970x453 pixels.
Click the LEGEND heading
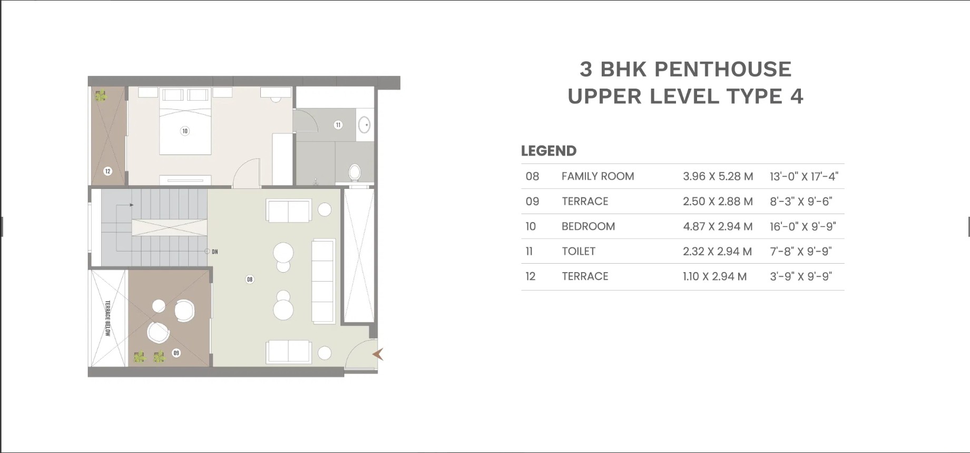[548, 151]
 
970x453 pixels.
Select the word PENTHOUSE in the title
[722, 69]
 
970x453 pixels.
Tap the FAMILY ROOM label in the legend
[597, 176]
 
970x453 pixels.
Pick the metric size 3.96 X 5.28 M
[718, 176]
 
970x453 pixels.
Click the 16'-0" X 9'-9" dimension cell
[803, 226]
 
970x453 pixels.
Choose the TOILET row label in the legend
[579, 251]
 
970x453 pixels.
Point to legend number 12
[530, 276]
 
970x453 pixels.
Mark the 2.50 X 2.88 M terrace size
[718, 201]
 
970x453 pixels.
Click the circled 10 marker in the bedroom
[184, 131]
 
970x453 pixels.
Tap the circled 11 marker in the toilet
[338, 124]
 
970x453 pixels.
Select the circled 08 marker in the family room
[250, 279]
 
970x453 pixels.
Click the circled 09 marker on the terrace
[176, 353]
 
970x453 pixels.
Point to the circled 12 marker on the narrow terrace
[107, 171]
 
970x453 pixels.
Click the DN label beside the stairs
[215, 252]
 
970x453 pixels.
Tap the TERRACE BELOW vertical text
[107, 318]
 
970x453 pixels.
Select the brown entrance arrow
[378, 354]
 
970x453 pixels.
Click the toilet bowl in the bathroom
[355, 172]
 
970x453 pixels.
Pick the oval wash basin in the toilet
[364, 124]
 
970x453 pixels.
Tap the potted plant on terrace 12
[100, 95]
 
